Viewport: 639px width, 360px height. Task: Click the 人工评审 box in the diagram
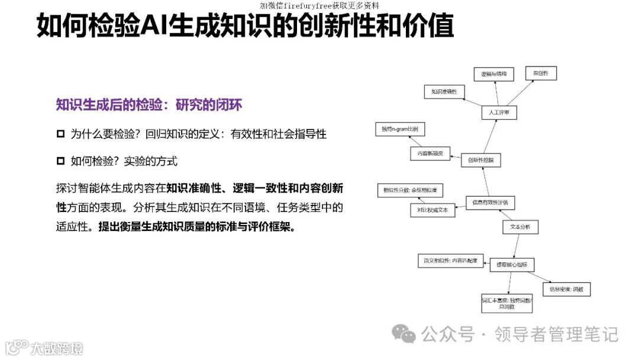pos(499,111)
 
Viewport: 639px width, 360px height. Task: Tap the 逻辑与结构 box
pos(493,74)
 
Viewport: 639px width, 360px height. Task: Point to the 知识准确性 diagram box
pos(444,92)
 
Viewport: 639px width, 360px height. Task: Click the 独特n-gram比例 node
pos(400,129)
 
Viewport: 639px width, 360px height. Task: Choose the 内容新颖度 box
pos(430,153)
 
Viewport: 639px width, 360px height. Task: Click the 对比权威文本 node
pos(433,210)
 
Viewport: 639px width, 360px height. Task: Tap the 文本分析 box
pos(520,227)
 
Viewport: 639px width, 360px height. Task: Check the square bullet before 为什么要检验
pos(60,134)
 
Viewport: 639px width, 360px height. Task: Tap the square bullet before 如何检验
pos(60,161)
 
